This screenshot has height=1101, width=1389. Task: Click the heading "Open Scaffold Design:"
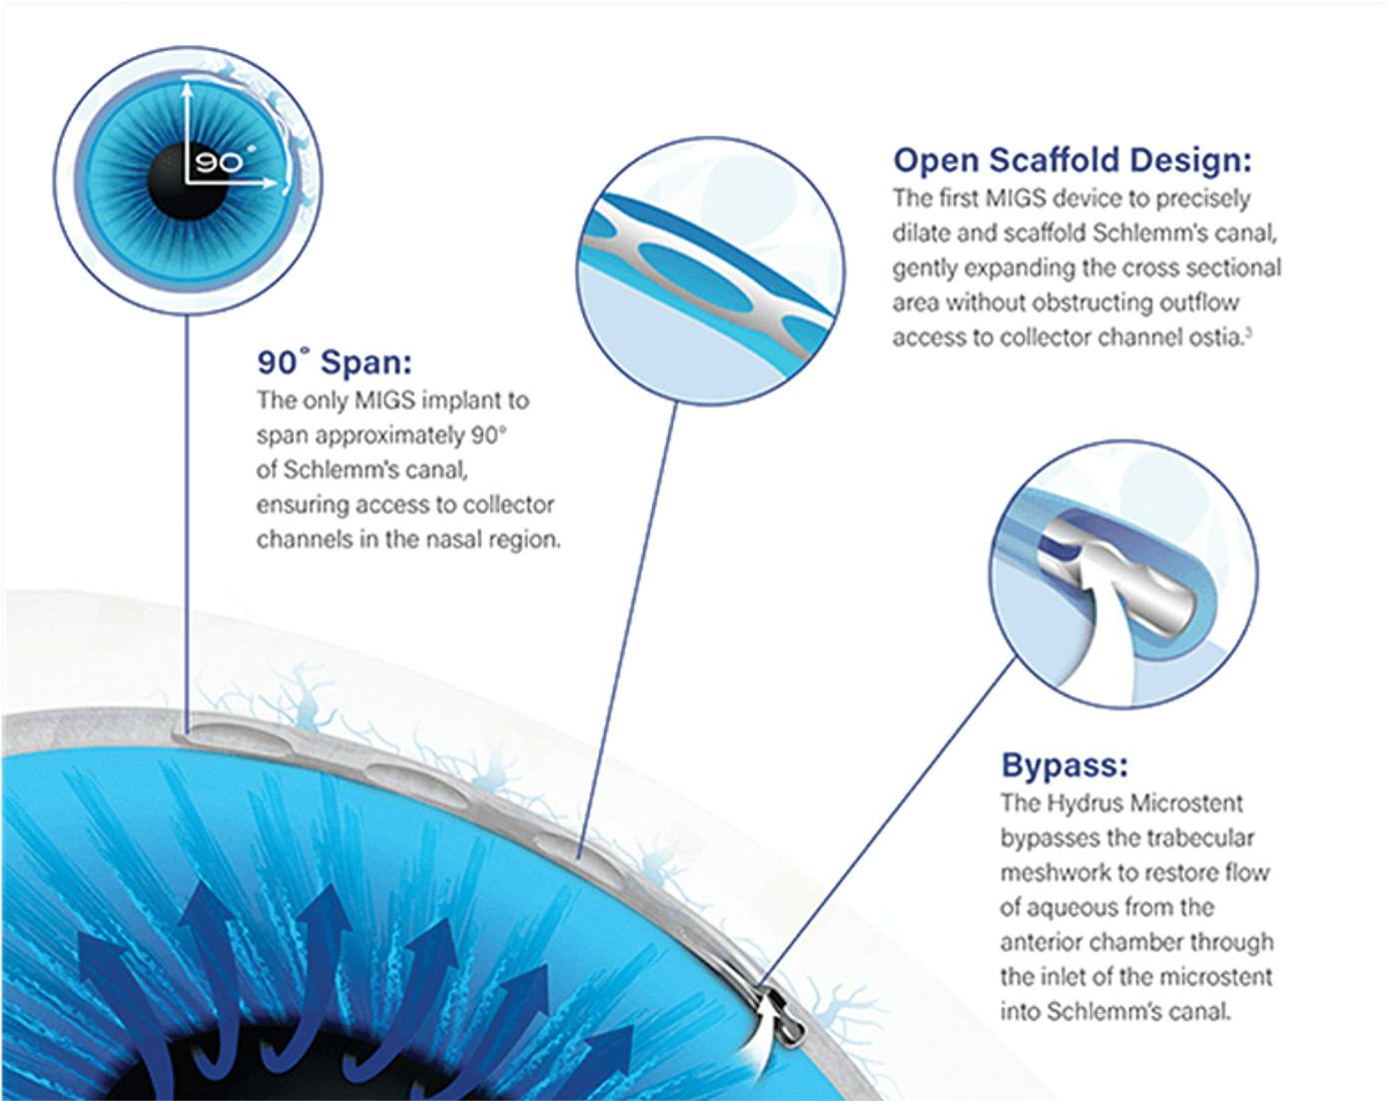pos(1072,160)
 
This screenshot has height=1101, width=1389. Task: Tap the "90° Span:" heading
pos(335,362)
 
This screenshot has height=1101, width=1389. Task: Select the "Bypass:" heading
pos(1065,766)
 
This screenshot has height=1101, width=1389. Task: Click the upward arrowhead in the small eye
pos(187,87)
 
